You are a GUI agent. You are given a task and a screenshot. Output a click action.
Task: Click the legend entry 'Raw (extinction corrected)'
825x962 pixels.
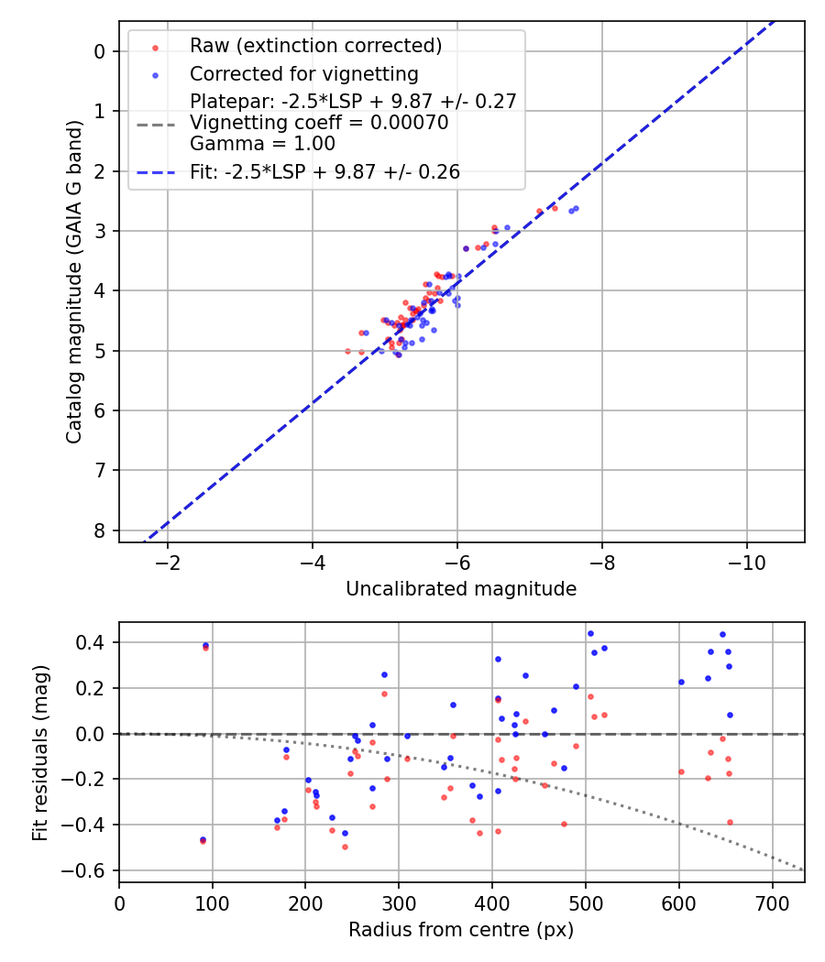[x=315, y=46]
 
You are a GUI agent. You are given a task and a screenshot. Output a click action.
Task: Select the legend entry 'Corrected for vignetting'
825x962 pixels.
[x=303, y=74]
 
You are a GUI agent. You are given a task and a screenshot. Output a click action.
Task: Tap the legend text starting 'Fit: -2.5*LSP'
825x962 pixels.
[x=324, y=171]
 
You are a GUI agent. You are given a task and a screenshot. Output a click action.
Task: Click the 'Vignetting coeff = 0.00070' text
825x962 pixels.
[x=319, y=123]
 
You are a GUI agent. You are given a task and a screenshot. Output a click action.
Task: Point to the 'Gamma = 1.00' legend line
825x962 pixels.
[x=262, y=144]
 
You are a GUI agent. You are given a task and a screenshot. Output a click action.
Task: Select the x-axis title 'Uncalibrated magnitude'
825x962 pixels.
[x=461, y=589]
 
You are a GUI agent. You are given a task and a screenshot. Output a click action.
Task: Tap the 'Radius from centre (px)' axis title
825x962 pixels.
[x=461, y=930]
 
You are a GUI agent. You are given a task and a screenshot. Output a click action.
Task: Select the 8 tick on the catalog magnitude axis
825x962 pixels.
[x=101, y=530]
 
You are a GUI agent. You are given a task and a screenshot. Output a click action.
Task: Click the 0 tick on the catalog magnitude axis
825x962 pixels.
[x=101, y=51]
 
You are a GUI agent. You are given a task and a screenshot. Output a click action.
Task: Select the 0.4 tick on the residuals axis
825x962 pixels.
[x=94, y=642]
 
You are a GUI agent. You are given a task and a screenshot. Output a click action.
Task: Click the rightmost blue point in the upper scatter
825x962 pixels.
[x=576, y=208]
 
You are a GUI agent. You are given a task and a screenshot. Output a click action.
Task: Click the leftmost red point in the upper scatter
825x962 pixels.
[x=347, y=351]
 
